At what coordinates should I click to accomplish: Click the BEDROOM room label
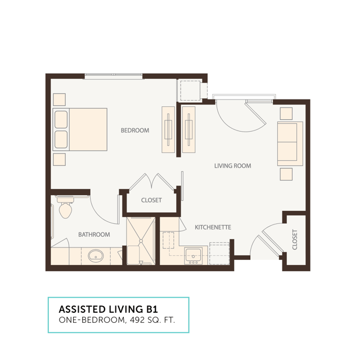coord(135,130)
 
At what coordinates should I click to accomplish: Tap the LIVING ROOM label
coord(232,166)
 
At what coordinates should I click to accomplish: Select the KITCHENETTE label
coord(213,227)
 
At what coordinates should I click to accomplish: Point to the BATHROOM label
coord(94,235)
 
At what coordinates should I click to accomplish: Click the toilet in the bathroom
coord(65,206)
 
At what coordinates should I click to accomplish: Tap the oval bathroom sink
coord(96,255)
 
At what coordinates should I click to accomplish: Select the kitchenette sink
coord(193,255)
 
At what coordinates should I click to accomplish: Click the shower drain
coord(141,241)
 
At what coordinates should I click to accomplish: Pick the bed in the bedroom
coord(80,129)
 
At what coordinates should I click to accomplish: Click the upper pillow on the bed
coord(61,119)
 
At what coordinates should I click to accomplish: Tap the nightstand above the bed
coord(59,100)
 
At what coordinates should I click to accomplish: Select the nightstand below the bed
coord(59,159)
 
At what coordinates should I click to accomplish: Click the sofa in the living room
coord(290,143)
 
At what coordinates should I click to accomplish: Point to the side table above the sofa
coord(286,114)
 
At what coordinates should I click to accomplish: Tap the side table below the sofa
coord(286,174)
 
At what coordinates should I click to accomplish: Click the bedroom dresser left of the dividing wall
coord(168,129)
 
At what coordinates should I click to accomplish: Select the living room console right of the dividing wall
coord(189,129)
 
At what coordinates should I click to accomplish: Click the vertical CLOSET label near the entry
coord(295,240)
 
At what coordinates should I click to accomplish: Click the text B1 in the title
coord(152,309)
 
